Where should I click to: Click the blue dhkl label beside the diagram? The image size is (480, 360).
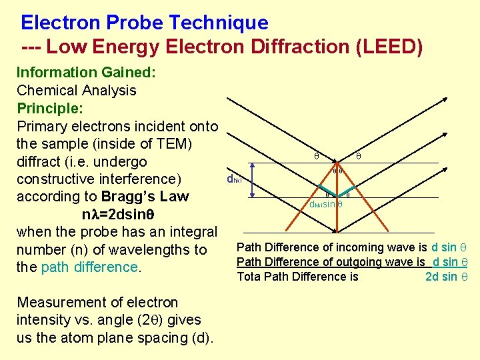tap(234, 179)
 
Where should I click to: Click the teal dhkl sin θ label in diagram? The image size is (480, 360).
tap(325, 205)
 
